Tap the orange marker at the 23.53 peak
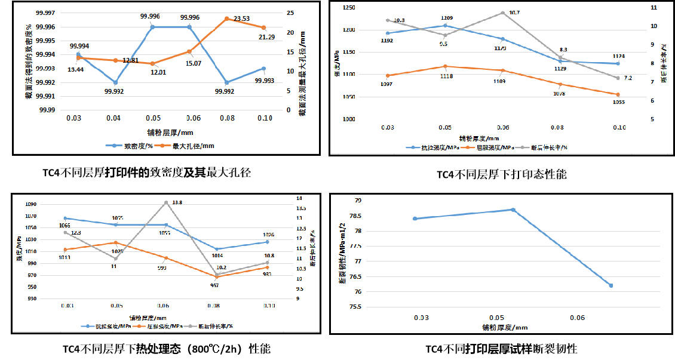click(x=226, y=19)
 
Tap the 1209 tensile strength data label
click(x=446, y=18)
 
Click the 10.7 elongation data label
click(x=514, y=13)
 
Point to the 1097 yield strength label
click(x=387, y=84)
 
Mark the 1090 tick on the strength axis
click(x=30, y=205)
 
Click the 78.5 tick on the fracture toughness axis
click(x=353, y=215)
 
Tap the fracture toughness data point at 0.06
click(x=611, y=285)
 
